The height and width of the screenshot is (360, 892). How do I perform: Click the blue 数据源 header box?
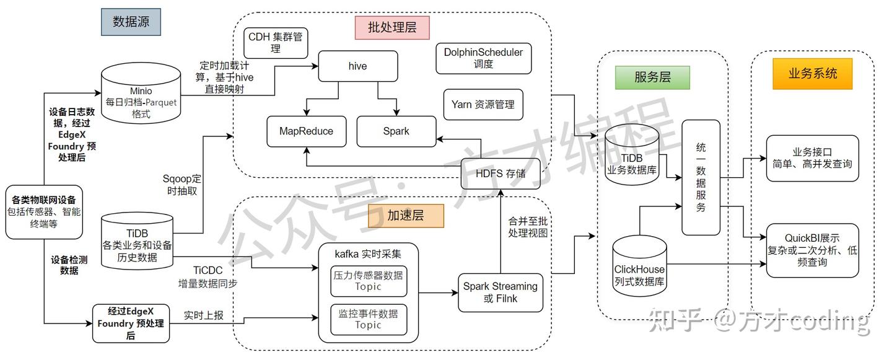(x=131, y=21)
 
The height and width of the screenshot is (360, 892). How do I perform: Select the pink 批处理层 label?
(x=392, y=28)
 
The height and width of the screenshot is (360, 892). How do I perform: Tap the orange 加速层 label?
(x=406, y=216)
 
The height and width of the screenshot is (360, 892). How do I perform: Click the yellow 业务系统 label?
(x=813, y=73)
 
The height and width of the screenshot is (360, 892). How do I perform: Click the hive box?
(x=357, y=66)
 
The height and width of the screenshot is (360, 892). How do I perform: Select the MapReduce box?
(x=306, y=131)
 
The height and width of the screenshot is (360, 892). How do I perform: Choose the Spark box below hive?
(x=396, y=131)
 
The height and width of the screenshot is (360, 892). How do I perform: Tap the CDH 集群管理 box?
(x=276, y=43)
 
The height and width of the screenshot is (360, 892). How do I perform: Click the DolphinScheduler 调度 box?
(x=483, y=58)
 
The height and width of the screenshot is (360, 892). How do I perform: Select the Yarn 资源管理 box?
(x=483, y=105)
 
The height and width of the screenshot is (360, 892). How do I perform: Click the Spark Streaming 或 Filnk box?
(x=501, y=292)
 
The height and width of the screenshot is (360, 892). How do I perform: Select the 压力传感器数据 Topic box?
(x=369, y=281)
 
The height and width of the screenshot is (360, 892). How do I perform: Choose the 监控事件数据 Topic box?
(x=369, y=319)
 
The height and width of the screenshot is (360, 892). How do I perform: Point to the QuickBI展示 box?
(x=812, y=250)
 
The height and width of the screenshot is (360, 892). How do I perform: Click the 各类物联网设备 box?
(x=44, y=212)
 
